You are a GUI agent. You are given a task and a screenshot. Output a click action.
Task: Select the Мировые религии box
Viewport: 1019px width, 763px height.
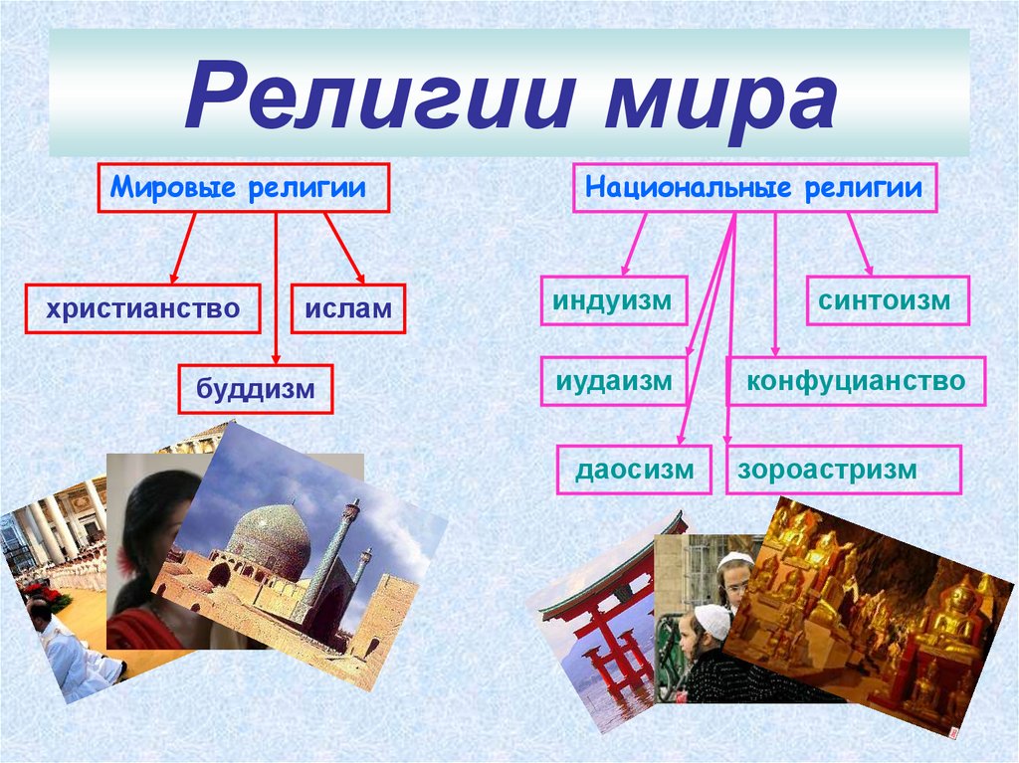(243, 188)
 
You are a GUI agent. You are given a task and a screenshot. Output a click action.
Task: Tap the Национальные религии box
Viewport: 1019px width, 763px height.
(754, 188)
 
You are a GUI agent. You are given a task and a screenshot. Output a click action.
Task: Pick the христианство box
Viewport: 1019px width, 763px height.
(143, 308)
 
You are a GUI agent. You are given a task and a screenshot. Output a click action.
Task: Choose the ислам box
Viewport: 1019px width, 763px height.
(348, 309)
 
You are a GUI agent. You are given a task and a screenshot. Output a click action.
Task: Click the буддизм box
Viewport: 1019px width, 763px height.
(256, 389)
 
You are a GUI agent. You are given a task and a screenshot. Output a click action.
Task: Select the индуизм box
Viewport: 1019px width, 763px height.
(614, 300)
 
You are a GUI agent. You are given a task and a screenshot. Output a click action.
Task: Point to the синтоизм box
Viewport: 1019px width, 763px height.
(887, 300)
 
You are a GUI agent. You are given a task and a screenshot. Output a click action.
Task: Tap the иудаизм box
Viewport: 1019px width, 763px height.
(614, 380)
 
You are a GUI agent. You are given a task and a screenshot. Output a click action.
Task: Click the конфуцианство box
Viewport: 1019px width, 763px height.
(856, 380)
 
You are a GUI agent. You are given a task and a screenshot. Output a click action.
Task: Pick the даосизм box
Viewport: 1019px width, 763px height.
(634, 470)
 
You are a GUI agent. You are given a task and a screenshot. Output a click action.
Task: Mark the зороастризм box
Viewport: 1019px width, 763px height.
(844, 470)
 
